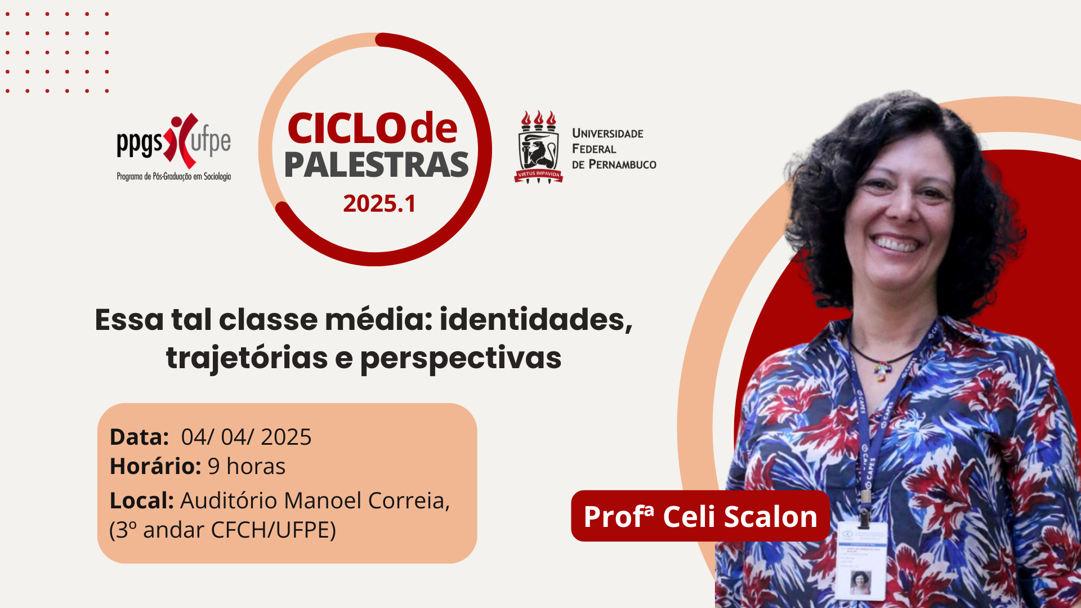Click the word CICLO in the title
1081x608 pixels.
click(x=347, y=128)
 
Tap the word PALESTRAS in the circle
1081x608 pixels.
click(x=376, y=164)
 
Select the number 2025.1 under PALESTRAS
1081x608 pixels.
click(x=379, y=204)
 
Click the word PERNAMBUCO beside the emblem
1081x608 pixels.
click(x=622, y=164)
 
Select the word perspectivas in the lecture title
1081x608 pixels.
click(x=461, y=359)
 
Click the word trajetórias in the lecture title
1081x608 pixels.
click(x=247, y=358)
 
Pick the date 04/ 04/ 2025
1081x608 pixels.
click(x=246, y=437)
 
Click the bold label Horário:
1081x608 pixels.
click(x=155, y=466)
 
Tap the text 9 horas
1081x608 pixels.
click(x=247, y=467)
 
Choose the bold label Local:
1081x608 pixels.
click(x=142, y=500)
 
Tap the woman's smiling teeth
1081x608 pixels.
click(x=896, y=244)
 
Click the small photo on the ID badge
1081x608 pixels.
click(x=860, y=582)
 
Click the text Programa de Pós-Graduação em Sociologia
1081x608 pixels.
click(x=174, y=177)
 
